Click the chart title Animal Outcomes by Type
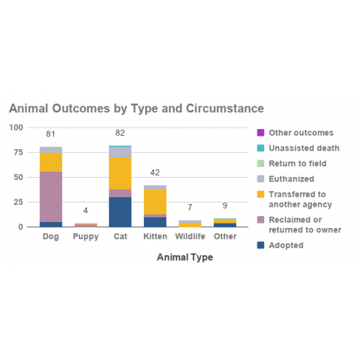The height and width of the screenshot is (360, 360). tap(136, 109)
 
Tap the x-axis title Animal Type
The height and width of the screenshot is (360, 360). tap(184, 257)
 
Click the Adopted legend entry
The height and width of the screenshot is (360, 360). tap(286, 245)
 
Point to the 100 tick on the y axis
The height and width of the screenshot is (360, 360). tap(16, 127)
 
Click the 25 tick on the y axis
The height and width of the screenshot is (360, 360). tap(18, 202)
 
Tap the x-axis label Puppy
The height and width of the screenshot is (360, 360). tap(85, 237)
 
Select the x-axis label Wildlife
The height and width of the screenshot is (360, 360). tap(190, 237)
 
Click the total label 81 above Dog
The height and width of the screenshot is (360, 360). tap(51, 135)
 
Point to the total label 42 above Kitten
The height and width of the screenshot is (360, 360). tap(155, 172)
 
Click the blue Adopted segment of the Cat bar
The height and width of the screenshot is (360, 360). tap(120, 211)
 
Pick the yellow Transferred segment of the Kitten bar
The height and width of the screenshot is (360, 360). tap(155, 202)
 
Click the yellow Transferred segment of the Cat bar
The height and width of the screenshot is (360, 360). tap(120, 173)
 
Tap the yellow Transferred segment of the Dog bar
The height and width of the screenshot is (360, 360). tap(51, 162)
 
